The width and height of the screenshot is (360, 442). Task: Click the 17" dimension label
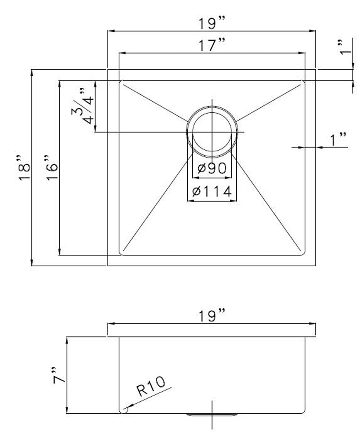tap(211, 45)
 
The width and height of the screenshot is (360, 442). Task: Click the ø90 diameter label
tap(211, 168)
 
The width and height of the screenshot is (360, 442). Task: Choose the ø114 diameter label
tap(211, 191)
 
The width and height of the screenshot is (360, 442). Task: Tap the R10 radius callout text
tap(151, 385)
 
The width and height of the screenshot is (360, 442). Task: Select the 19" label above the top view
tap(211, 23)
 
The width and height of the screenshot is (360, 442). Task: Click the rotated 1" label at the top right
tap(346, 48)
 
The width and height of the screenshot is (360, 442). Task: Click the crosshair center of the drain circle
tap(212, 132)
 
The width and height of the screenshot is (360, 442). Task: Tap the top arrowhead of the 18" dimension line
tap(32, 73)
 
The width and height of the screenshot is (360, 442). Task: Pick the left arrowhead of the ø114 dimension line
tap(191, 201)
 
